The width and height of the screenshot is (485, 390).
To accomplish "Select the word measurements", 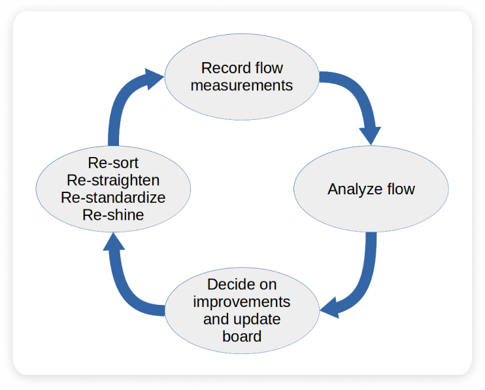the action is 242,86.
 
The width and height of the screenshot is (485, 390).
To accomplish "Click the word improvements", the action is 242,302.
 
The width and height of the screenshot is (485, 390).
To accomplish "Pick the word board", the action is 242,336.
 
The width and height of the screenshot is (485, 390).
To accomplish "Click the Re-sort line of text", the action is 113,163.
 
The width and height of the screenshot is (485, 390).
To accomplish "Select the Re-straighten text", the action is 113,181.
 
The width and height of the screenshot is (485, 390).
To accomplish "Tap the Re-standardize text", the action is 113,198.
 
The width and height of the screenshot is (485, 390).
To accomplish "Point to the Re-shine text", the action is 113,215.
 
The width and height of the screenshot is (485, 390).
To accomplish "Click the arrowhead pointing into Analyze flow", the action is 370,135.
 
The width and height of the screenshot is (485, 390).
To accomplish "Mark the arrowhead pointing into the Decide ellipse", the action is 330,308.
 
